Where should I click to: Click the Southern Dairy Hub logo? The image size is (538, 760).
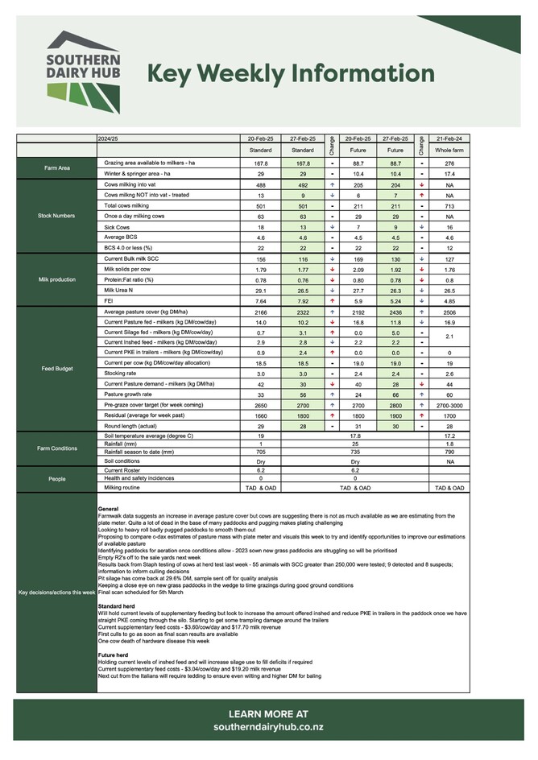[x=83, y=72]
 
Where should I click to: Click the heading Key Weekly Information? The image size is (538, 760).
[x=291, y=74]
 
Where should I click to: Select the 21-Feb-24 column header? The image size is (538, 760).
[x=449, y=138]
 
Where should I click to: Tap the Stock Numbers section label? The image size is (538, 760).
[x=56, y=216]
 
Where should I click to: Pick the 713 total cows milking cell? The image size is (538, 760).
[x=449, y=205]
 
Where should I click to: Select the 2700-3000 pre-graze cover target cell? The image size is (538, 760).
[x=449, y=406]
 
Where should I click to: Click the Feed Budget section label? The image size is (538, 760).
[x=56, y=368]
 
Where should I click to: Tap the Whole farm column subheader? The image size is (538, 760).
[x=449, y=150]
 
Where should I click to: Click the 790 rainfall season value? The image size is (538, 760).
[x=449, y=452]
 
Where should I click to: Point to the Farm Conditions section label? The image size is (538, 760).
[x=56, y=448]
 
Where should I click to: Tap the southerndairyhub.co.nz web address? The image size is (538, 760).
[x=268, y=727]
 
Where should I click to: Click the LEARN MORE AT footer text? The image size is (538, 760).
[x=268, y=713]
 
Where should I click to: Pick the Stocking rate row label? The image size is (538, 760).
[x=122, y=374]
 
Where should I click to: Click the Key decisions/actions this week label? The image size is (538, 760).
[x=56, y=593]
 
